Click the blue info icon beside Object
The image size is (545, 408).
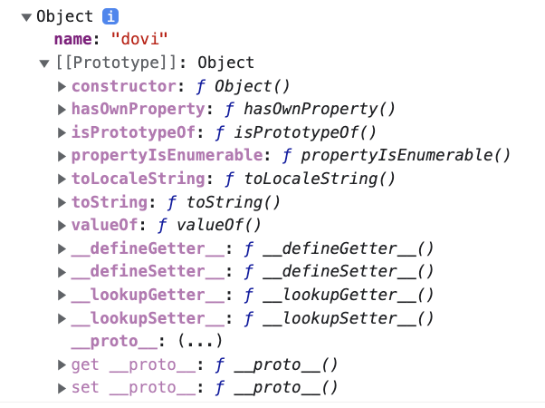tap(110, 16)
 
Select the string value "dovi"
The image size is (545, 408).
tap(139, 40)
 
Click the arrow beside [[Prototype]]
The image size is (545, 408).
tap(44, 63)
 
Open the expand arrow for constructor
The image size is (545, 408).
tap(62, 87)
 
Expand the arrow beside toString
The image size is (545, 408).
tap(62, 203)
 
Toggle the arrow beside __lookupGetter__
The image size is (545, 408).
tap(62, 296)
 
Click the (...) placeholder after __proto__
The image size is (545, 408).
tap(200, 342)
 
